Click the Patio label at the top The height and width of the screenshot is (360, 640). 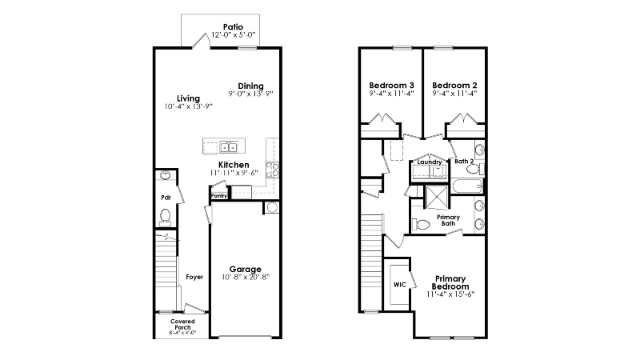pos(233,26)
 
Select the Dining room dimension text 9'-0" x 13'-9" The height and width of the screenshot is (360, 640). pos(250,94)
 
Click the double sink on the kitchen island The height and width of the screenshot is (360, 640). pos(229,146)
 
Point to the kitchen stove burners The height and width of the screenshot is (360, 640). pos(272,169)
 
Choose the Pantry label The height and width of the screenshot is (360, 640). pos(218,195)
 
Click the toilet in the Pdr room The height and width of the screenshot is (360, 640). pos(166,215)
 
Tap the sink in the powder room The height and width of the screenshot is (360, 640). pos(165,177)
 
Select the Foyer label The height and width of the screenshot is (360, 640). pos(194,277)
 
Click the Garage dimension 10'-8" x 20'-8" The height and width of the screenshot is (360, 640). pos(246,278)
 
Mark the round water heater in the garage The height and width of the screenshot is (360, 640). pos(272,208)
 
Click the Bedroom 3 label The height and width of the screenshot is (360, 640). pos(391,85)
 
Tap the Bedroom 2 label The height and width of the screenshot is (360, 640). pos(454,85)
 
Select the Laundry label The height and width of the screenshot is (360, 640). pos(430,162)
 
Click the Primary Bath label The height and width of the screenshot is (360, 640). pos(447,221)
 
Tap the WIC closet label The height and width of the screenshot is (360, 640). pos(400,284)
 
